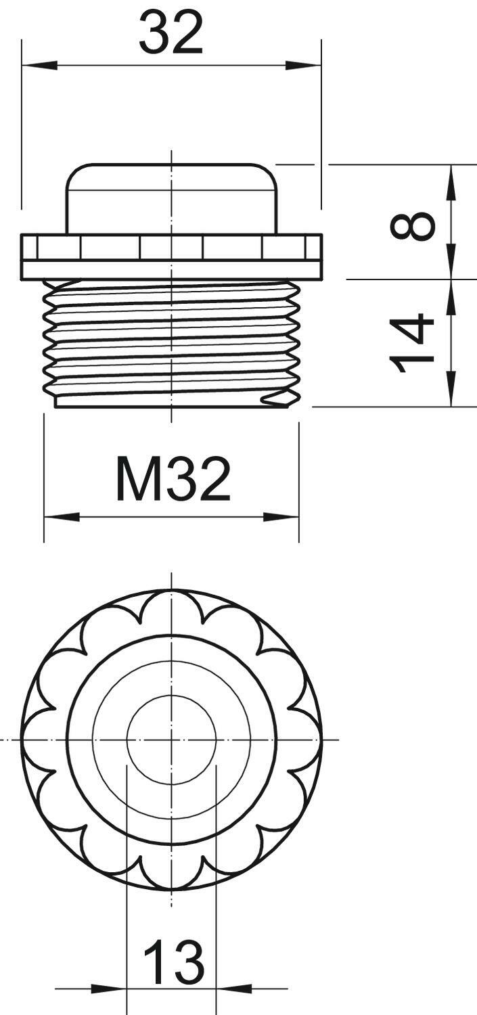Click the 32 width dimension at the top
171,33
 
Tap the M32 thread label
173,478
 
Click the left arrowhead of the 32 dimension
39,65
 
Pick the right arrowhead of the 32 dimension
303,65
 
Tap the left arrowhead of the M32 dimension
62,517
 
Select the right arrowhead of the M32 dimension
281,517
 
